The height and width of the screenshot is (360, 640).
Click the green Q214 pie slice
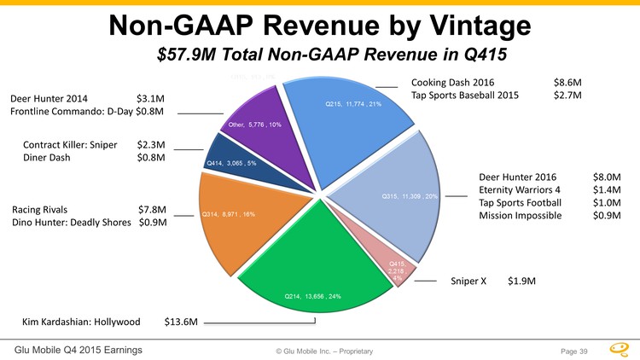point(316,256)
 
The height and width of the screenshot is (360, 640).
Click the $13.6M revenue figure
point(181,322)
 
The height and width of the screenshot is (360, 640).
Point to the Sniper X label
point(468,280)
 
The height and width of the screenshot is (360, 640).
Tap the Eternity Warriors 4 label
point(521,189)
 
